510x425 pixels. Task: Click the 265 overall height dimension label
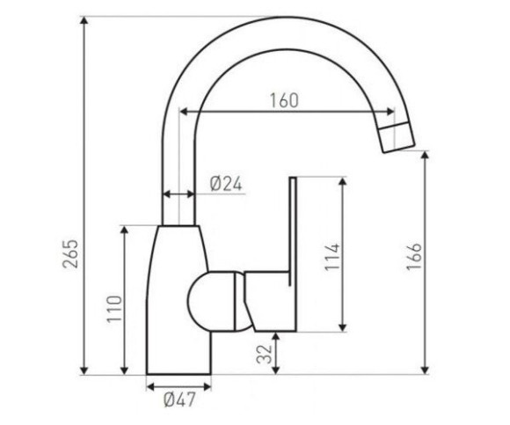[70, 253]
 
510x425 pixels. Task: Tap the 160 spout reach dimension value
[284, 100]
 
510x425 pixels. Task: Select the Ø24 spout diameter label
[226, 184]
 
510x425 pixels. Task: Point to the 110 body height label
[114, 309]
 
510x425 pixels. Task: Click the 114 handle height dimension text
[332, 256]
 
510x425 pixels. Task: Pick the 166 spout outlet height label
[414, 256]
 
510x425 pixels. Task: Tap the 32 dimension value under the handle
[264, 354]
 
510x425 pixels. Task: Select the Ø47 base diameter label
[180, 399]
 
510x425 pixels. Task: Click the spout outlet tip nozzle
[397, 137]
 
